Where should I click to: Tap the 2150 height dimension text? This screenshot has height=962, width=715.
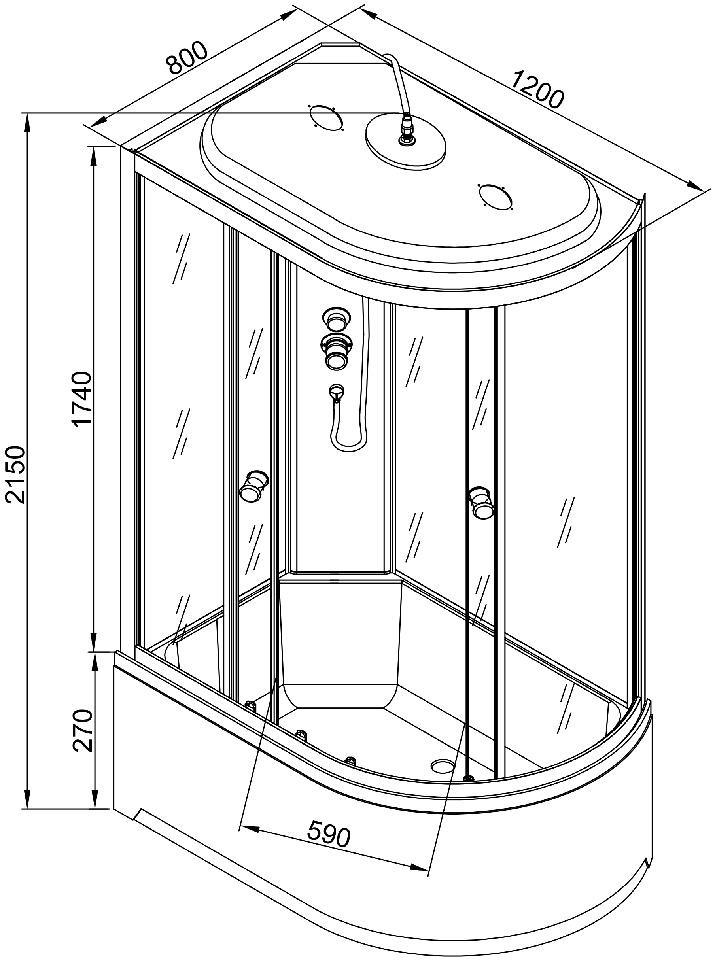click(x=16, y=475)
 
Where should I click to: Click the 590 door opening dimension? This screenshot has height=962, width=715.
click(x=329, y=833)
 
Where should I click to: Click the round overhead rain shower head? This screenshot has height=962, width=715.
click(x=406, y=142)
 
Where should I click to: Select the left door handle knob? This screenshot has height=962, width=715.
click(x=253, y=486)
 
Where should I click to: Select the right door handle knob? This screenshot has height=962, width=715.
click(x=482, y=503)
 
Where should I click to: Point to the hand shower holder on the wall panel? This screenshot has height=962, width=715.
click(x=335, y=393)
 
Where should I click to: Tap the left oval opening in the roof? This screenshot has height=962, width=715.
click(x=326, y=117)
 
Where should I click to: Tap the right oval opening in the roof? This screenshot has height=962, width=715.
click(x=495, y=197)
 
